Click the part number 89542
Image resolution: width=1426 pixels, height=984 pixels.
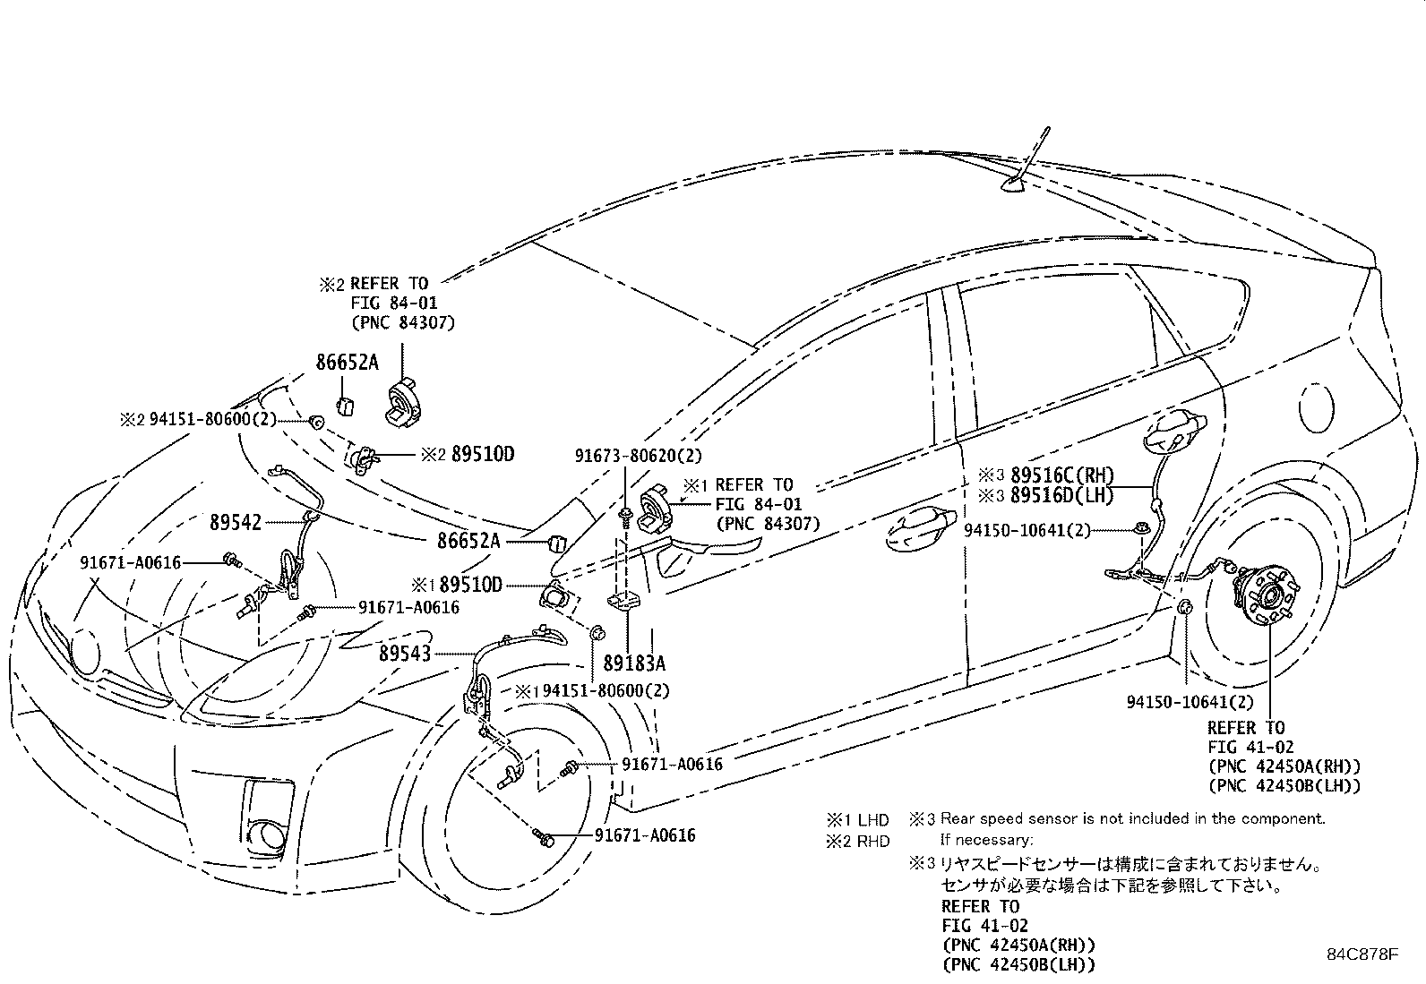click(x=236, y=523)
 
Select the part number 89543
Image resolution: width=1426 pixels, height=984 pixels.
click(x=405, y=654)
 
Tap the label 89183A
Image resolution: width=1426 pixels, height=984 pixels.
click(x=634, y=663)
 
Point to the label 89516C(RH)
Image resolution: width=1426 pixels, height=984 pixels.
click(x=1062, y=475)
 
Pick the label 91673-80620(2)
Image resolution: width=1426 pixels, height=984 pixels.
click(x=639, y=456)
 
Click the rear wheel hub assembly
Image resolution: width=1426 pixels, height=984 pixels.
click(x=1264, y=595)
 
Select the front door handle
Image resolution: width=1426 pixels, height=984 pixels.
click(x=920, y=529)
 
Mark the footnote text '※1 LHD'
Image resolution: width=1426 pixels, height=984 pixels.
click(x=857, y=820)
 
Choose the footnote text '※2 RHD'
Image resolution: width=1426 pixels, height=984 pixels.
click(x=857, y=842)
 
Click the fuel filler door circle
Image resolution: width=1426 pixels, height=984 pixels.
click(x=1316, y=408)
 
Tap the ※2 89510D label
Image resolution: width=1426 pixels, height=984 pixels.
click(x=468, y=454)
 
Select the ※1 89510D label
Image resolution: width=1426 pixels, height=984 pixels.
click(x=457, y=585)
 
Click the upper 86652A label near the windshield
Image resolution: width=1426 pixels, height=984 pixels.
click(x=347, y=362)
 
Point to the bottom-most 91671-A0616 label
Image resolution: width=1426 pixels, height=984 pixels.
click(x=645, y=835)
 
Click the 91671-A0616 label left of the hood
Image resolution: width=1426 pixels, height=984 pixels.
click(x=131, y=562)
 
